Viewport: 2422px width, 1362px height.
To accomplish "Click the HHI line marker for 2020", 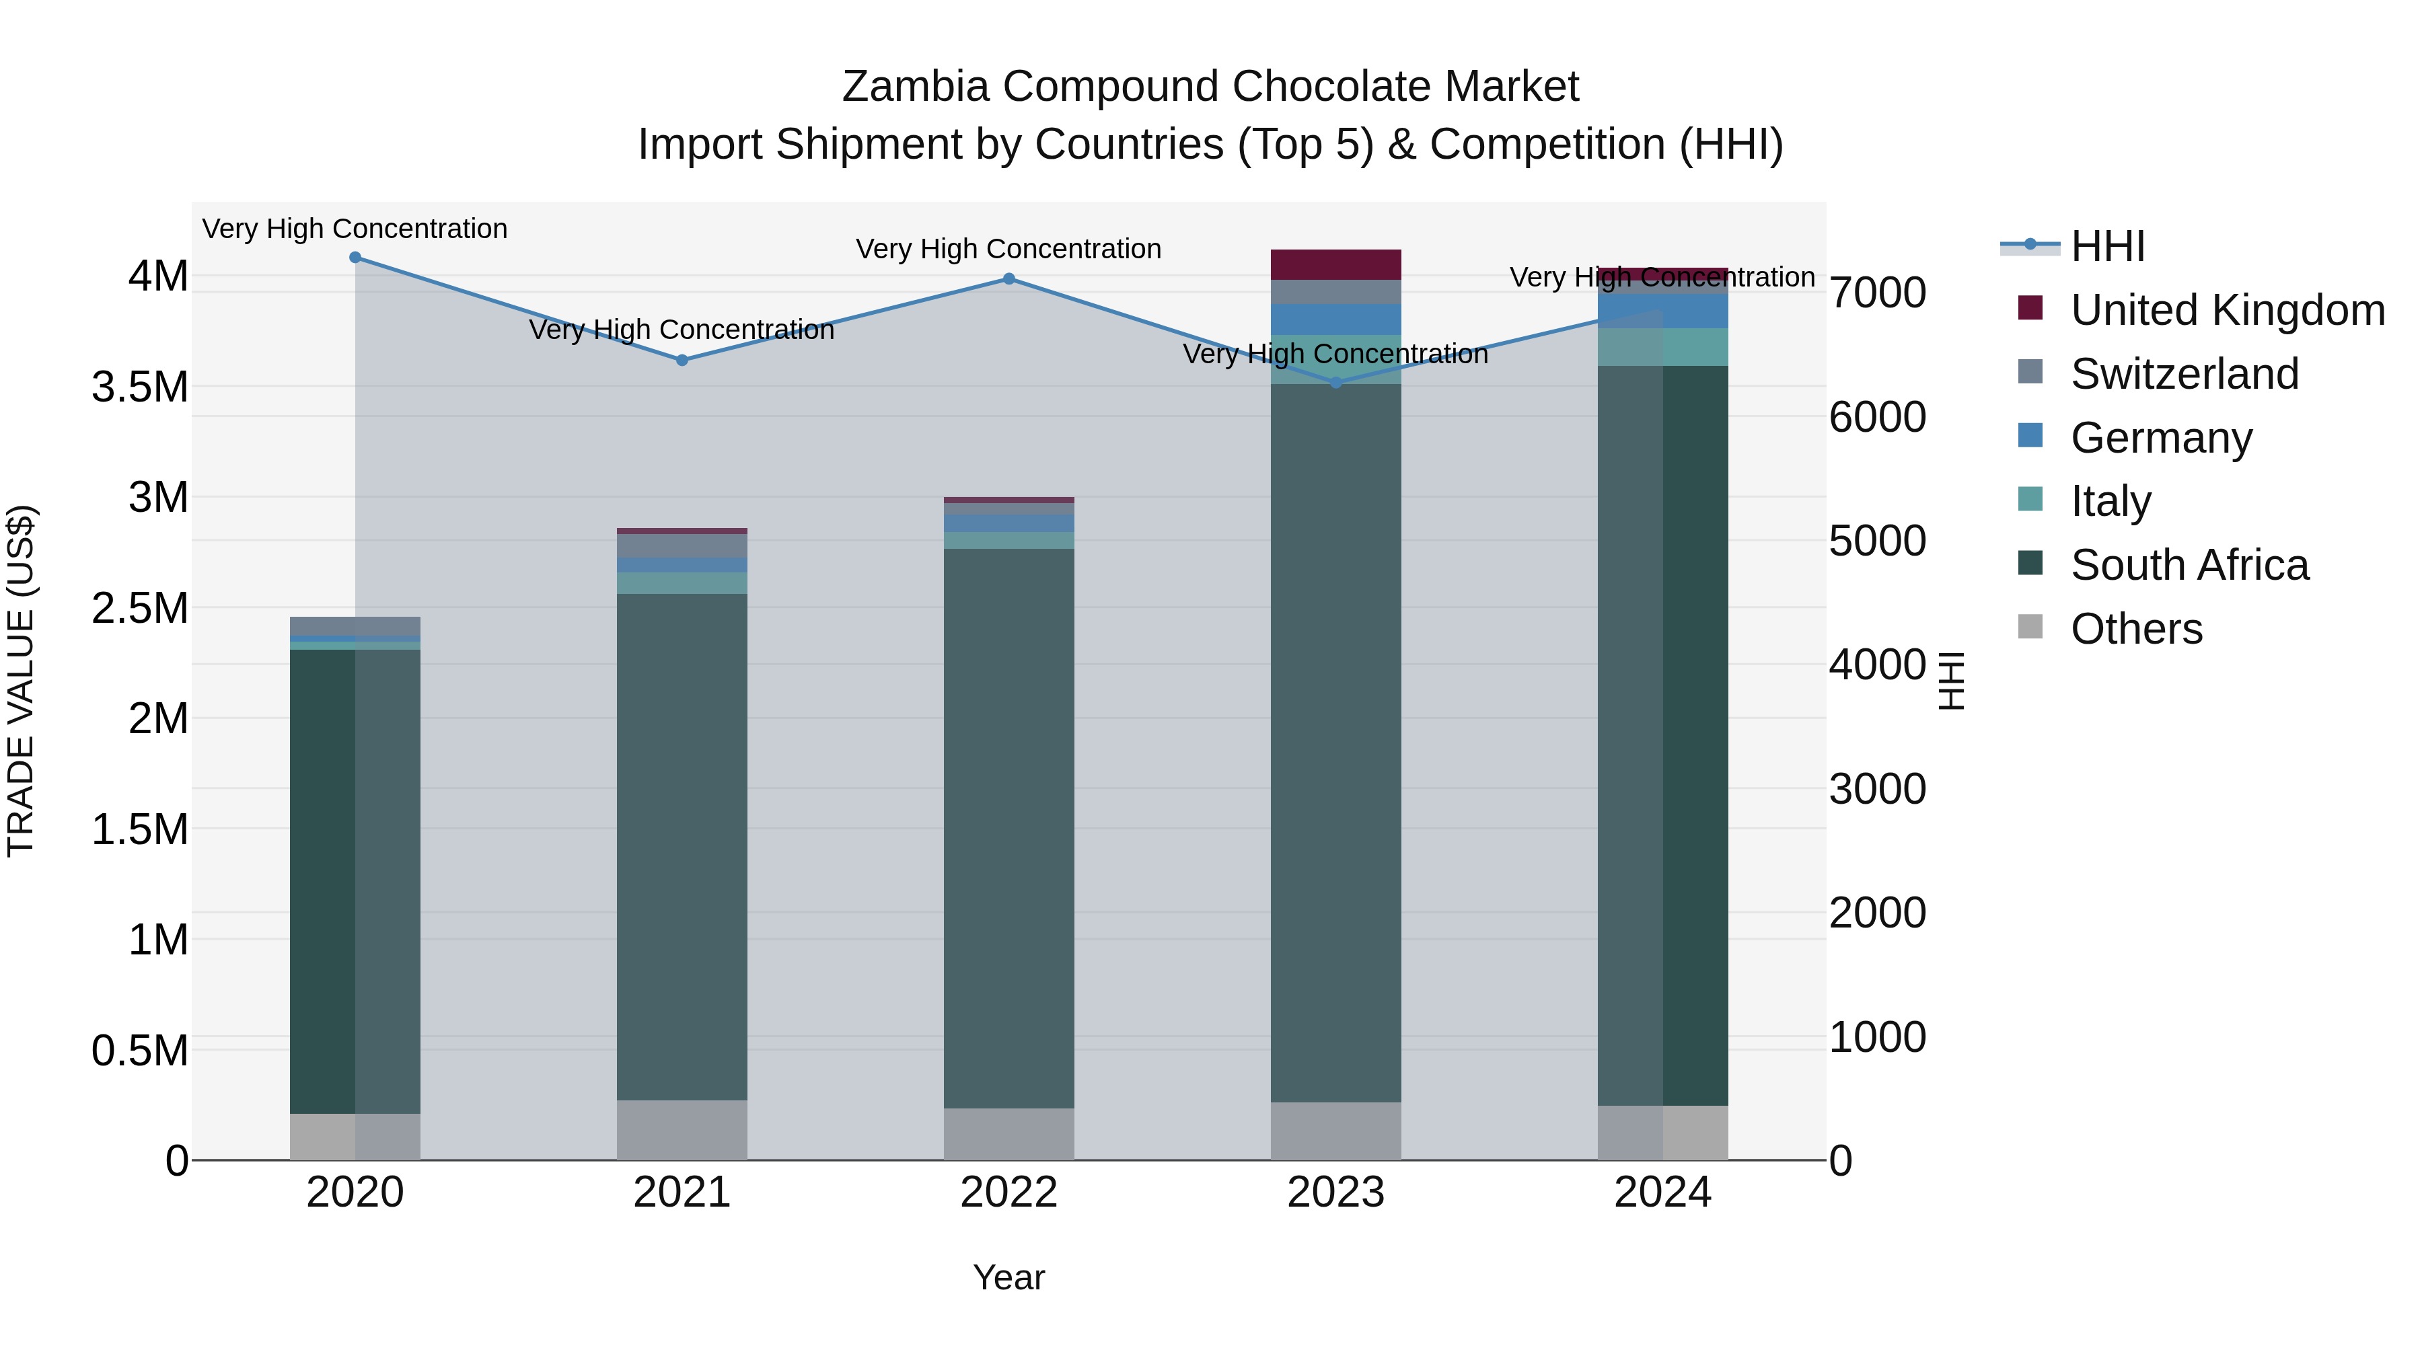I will pos(355,258).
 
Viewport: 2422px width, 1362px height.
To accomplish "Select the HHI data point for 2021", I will pos(683,360).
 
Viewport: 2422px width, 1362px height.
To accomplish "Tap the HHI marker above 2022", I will pos(1009,279).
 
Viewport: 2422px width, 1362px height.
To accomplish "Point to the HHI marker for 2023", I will pos(1336,383).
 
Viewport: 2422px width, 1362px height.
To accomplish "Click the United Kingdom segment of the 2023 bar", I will pos(1336,265).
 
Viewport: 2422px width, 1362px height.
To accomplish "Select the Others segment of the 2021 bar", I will pos(683,1130).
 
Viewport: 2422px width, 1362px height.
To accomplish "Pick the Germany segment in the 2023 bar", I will pos(1336,319).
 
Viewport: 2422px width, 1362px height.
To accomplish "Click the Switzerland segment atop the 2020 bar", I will pos(355,626).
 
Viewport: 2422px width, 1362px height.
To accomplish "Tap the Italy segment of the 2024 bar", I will pos(1663,347).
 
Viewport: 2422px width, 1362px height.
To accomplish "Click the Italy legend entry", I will pos(2111,501).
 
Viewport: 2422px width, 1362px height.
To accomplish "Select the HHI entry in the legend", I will pos(2107,246).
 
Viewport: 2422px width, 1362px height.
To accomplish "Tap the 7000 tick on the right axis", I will pos(1876,293).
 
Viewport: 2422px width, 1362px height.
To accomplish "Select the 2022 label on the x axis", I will pos(1009,1193).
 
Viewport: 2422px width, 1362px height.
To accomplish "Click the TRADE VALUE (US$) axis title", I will pos(22,681).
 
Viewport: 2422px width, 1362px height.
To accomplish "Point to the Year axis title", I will pos(1009,1277).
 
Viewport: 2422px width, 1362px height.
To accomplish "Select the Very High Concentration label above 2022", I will pos(1009,249).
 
